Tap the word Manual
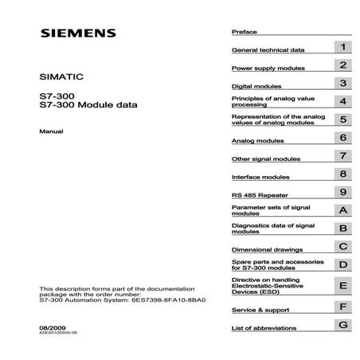coord(51,130)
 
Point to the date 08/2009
coord(52,326)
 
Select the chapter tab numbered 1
coord(342,48)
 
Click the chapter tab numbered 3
coord(342,83)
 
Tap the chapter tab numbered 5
coord(342,119)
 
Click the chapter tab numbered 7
coord(342,156)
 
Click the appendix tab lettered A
coord(342,211)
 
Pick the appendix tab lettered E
coord(342,285)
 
